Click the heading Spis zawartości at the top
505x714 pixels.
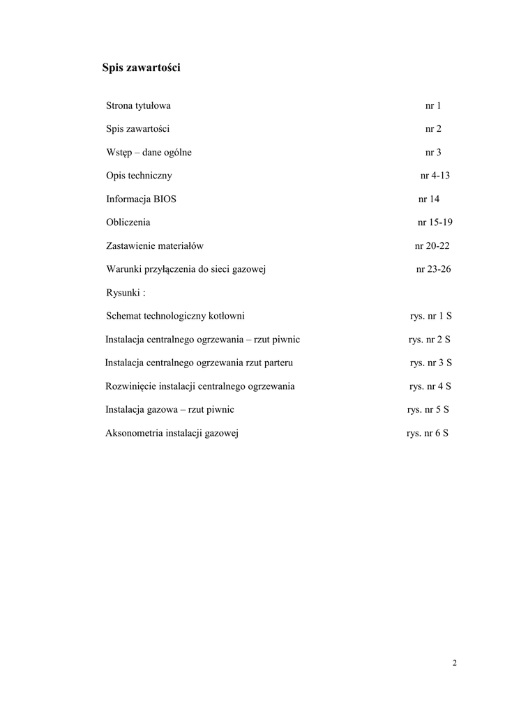(142, 68)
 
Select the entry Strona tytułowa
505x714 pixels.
(138, 106)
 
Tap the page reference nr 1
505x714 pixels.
(433, 106)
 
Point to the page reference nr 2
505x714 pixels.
(433, 129)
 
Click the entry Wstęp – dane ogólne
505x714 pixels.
(149, 153)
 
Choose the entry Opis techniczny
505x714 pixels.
(139, 176)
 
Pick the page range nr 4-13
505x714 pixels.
(435, 176)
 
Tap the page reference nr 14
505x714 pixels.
(429, 199)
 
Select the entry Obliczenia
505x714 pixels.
(128, 222)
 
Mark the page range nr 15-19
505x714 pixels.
(434, 222)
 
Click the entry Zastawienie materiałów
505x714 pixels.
(155, 246)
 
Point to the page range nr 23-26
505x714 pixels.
(433, 269)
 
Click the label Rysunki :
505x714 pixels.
(126, 293)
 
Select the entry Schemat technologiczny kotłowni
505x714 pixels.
(175, 316)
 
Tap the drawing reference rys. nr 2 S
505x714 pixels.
(430, 340)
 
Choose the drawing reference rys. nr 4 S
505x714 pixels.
(430, 386)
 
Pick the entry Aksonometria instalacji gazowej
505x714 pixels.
(172, 433)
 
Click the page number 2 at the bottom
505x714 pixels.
(454, 663)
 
